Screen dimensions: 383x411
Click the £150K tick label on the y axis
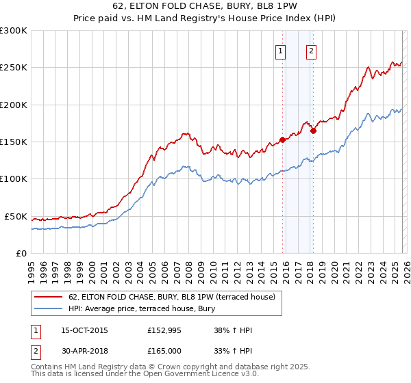[14, 142]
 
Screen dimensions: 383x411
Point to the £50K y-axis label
[16, 216]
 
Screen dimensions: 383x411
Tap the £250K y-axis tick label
[14, 68]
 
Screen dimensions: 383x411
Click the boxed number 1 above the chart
[281, 50]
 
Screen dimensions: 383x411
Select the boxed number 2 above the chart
[311, 50]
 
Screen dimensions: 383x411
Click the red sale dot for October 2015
[282, 140]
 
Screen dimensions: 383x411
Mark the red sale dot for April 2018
[313, 131]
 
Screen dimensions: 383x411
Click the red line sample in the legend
[49, 297]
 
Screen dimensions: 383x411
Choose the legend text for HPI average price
[142, 308]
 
